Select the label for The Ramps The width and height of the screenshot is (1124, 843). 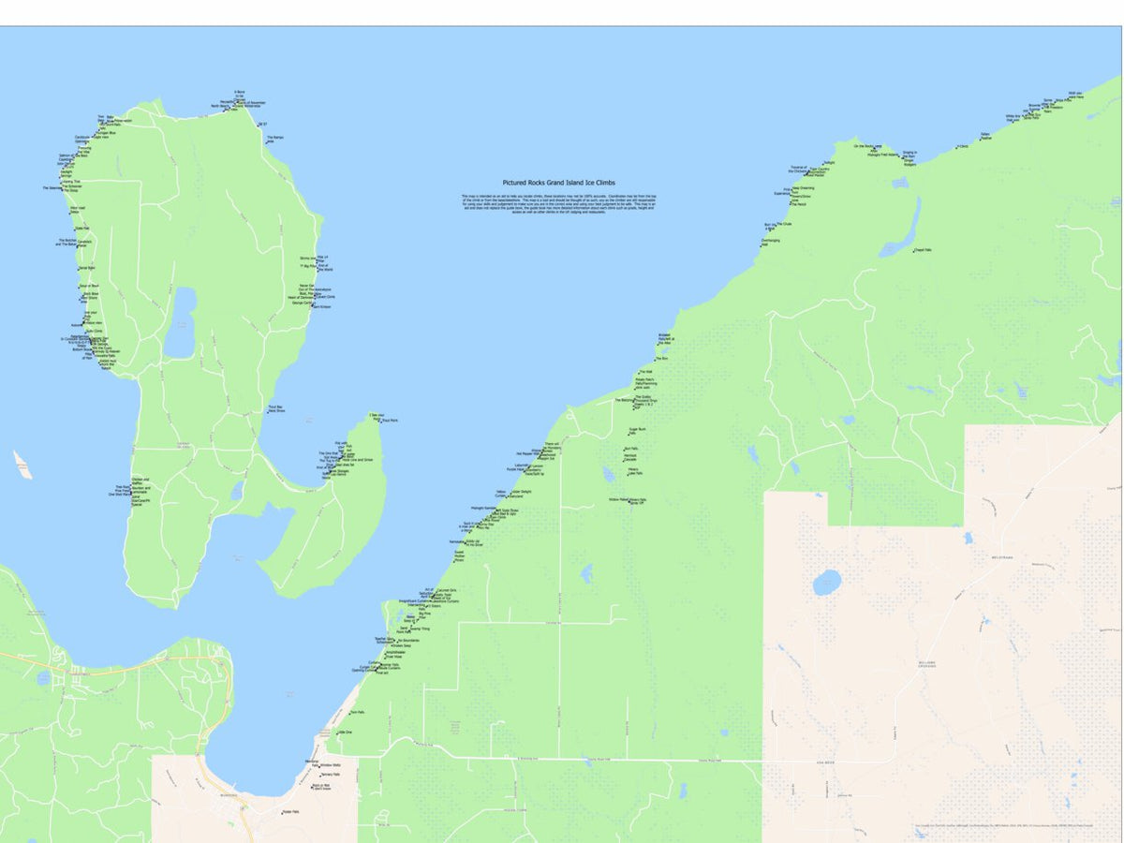click(x=275, y=139)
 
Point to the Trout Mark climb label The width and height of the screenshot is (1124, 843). click(x=390, y=421)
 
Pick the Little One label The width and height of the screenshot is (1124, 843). click(x=344, y=732)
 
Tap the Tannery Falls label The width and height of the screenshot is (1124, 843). click(x=330, y=775)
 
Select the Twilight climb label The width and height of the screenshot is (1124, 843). click(x=828, y=161)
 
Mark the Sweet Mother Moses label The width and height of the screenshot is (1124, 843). click(x=459, y=556)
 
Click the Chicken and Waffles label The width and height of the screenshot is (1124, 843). click(x=140, y=481)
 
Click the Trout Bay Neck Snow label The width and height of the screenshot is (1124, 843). click(x=275, y=408)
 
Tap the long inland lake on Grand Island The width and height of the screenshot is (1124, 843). click(x=180, y=323)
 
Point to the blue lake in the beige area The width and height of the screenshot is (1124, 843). click(x=826, y=583)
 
